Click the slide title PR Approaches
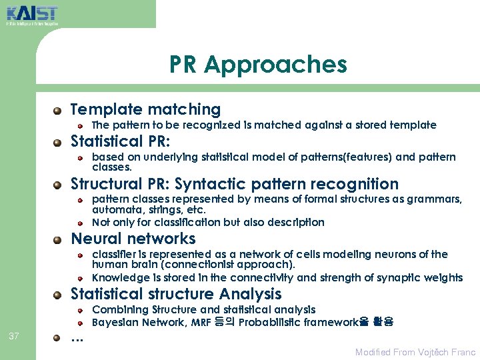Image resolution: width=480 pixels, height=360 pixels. coord(258,65)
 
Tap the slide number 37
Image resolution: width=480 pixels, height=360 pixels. coord(14,335)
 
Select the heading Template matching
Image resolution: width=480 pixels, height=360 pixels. coord(145,109)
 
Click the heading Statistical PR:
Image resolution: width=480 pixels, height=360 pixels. coord(121,141)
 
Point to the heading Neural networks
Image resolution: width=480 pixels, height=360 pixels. coord(133,239)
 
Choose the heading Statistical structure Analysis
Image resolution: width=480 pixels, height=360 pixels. coord(176,294)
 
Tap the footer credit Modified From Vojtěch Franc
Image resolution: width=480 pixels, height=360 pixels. coord(415,352)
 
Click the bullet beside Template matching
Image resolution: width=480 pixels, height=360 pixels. coord(59,110)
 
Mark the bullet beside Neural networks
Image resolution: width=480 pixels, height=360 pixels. coord(59,239)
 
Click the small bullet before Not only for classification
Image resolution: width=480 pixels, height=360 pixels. coord(79,223)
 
